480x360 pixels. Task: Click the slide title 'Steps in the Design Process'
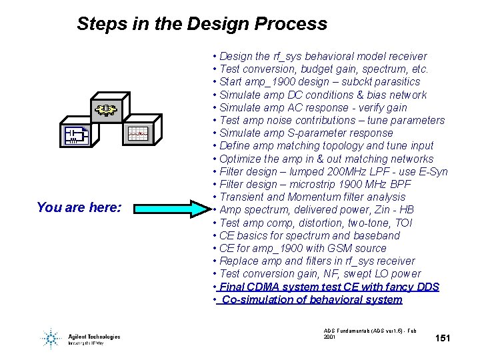click(202, 24)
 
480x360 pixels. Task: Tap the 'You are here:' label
click(79, 207)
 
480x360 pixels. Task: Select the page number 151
click(443, 339)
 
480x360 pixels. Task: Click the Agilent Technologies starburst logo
click(50, 339)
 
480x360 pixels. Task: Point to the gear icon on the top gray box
click(104, 109)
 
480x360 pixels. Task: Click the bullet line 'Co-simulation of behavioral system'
click(311, 299)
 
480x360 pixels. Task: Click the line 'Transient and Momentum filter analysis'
click(312, 197)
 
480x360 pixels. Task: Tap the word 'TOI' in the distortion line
click(403, 223)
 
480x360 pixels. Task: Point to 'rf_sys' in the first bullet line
click(287, 57)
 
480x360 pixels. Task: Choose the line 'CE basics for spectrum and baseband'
click(309, 235)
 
